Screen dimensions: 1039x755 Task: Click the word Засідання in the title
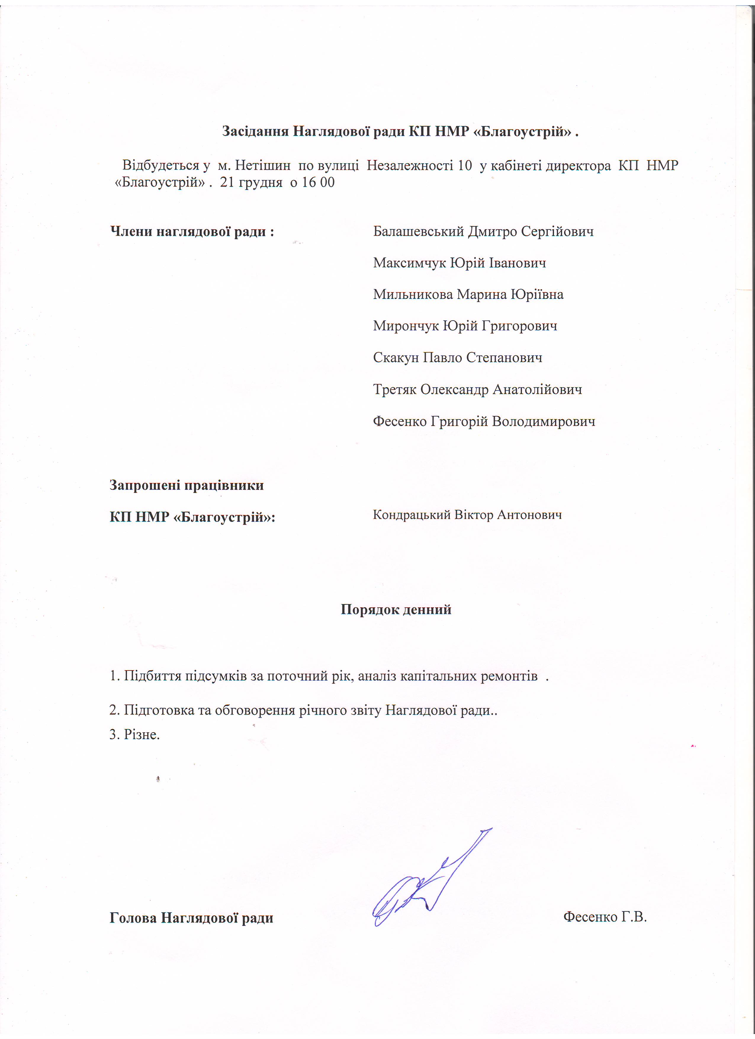point(255,132)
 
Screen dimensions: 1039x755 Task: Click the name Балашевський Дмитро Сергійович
point(483,231)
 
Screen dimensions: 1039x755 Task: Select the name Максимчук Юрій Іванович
point(459,263)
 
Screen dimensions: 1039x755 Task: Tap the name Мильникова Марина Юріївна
point(468,294)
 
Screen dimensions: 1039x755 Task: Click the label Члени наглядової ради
point(192,231)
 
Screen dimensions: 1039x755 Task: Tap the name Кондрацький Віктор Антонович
point(467,515)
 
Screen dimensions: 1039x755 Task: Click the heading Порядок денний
point(396,609)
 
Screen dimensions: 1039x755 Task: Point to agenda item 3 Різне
point(135,734)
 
